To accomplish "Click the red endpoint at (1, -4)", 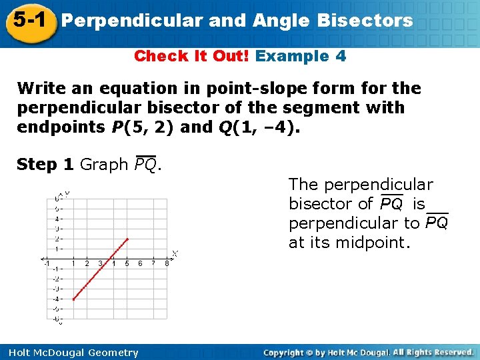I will [x=73, y=299].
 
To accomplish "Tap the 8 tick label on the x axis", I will [x=167, y=263].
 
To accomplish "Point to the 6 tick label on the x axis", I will [x=140, y=263].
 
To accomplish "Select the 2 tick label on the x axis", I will [x=87, y=263].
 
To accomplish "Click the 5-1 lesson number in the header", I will [x=27, y=19].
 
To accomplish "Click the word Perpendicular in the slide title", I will [x=131, y=21].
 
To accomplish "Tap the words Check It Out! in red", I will [x=192, y=56].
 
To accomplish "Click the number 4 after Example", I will [x=341, y=56].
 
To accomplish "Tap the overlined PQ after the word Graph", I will [x=146, y=165].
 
